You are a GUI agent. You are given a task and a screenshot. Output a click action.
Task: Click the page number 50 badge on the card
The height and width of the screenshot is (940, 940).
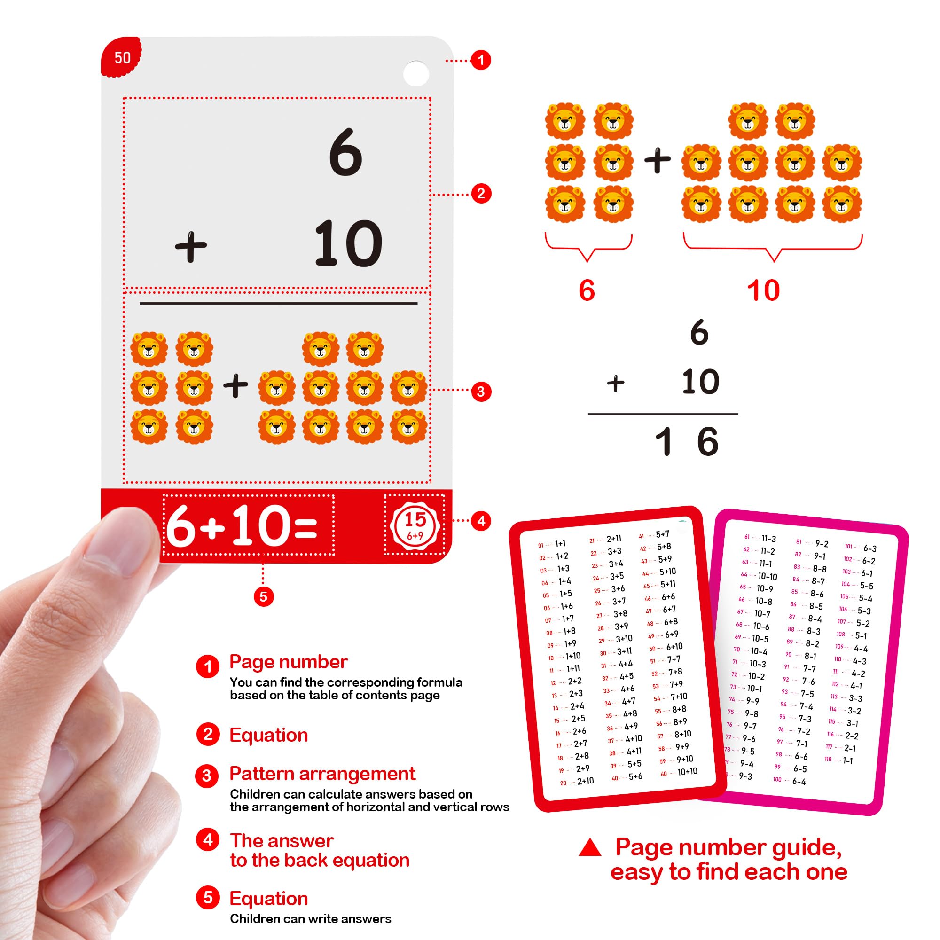coord(122,57)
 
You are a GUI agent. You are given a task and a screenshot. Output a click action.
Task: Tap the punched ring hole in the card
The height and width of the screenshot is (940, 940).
coord(416,73)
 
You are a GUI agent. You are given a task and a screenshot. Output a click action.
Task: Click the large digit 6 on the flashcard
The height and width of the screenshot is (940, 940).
coord(345,152)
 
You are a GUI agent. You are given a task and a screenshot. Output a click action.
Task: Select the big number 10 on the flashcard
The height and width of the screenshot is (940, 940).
coord(348,243)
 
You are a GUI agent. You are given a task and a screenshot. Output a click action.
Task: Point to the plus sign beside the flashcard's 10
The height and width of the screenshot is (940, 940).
coord(191,247)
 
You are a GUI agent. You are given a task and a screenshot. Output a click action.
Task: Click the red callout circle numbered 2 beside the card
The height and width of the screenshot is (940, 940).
coord(481,194)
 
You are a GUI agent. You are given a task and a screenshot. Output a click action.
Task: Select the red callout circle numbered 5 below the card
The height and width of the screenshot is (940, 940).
coord(263,596)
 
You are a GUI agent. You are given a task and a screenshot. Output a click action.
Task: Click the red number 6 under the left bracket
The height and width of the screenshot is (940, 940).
coord(587,290)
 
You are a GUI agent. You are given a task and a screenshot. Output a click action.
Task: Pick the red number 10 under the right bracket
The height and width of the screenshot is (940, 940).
coord(763,290)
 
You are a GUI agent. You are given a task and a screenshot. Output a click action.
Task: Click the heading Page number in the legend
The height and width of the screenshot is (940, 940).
coord(288,662)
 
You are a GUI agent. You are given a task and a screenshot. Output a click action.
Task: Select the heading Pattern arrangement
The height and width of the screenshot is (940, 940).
coord(322,774)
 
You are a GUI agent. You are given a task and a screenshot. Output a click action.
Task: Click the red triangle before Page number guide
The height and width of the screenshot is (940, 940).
coord(590,847)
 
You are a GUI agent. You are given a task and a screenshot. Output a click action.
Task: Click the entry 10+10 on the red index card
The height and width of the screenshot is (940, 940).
coord(687,772)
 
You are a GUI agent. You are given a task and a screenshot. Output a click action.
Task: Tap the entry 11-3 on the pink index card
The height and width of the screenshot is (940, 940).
coord(769,539)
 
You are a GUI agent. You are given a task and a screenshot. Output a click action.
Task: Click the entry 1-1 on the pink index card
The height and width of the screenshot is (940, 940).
coord(847,760)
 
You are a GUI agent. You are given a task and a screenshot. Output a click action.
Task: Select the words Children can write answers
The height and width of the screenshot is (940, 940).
coord(310,918)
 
